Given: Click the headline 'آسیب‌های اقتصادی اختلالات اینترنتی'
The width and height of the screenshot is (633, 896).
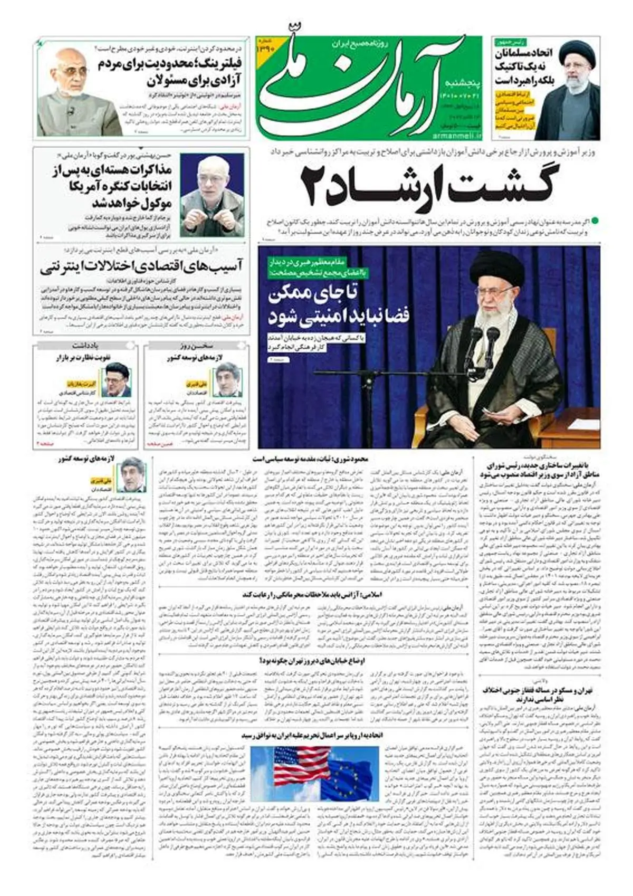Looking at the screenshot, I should pos(141,266).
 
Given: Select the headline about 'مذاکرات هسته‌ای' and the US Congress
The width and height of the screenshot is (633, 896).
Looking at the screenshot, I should pos(113,187).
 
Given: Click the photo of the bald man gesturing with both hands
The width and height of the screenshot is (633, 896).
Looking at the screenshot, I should pos(213,195).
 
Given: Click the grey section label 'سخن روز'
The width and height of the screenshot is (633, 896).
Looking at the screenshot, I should pos(196,346).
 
